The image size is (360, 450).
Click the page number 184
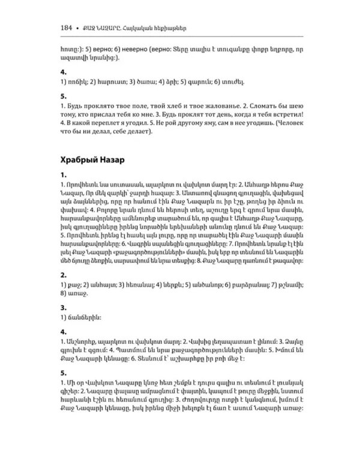67,28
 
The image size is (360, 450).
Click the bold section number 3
64,305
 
